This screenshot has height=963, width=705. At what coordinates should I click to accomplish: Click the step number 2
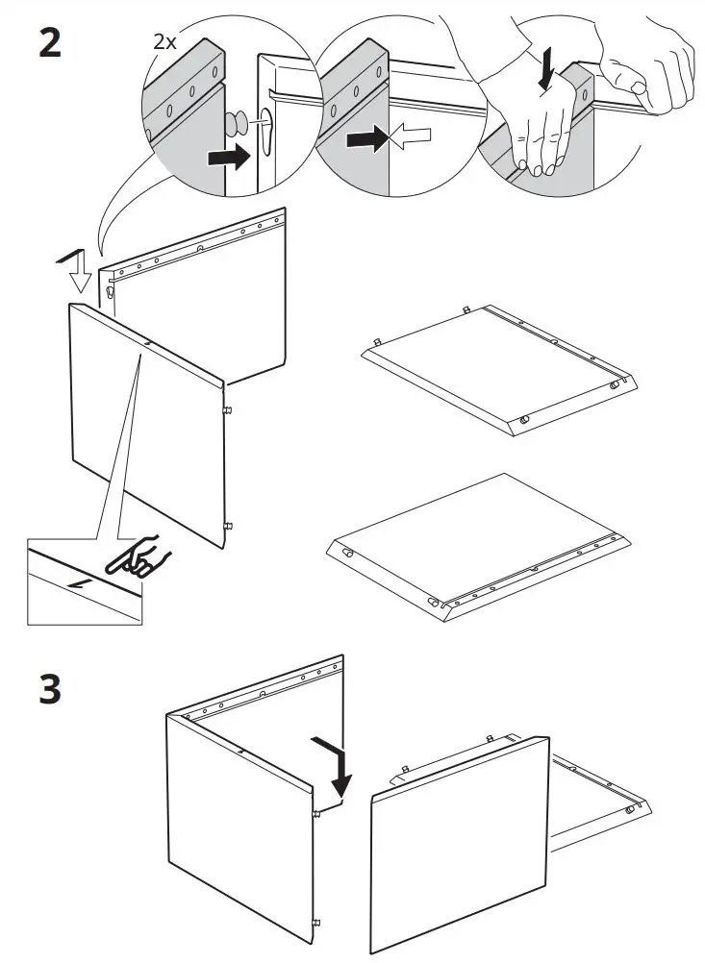click(x=49, y=43)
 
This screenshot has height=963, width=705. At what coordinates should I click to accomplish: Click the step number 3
click(x=50, y=691)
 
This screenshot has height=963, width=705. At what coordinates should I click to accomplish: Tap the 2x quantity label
click(x=164, y=41)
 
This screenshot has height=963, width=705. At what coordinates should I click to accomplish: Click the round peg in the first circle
click(x=236, y=123)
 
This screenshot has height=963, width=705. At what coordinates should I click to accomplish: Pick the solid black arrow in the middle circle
click(x=366, y=141)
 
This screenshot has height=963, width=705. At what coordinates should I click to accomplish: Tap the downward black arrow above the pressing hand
click(x=546, y=69)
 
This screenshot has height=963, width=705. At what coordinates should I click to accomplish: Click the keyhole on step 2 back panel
click(x=113, y=290)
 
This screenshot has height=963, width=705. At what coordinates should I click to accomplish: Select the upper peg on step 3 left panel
click(x=317, y=815)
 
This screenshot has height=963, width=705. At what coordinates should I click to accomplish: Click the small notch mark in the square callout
click(x=71, y=584)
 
